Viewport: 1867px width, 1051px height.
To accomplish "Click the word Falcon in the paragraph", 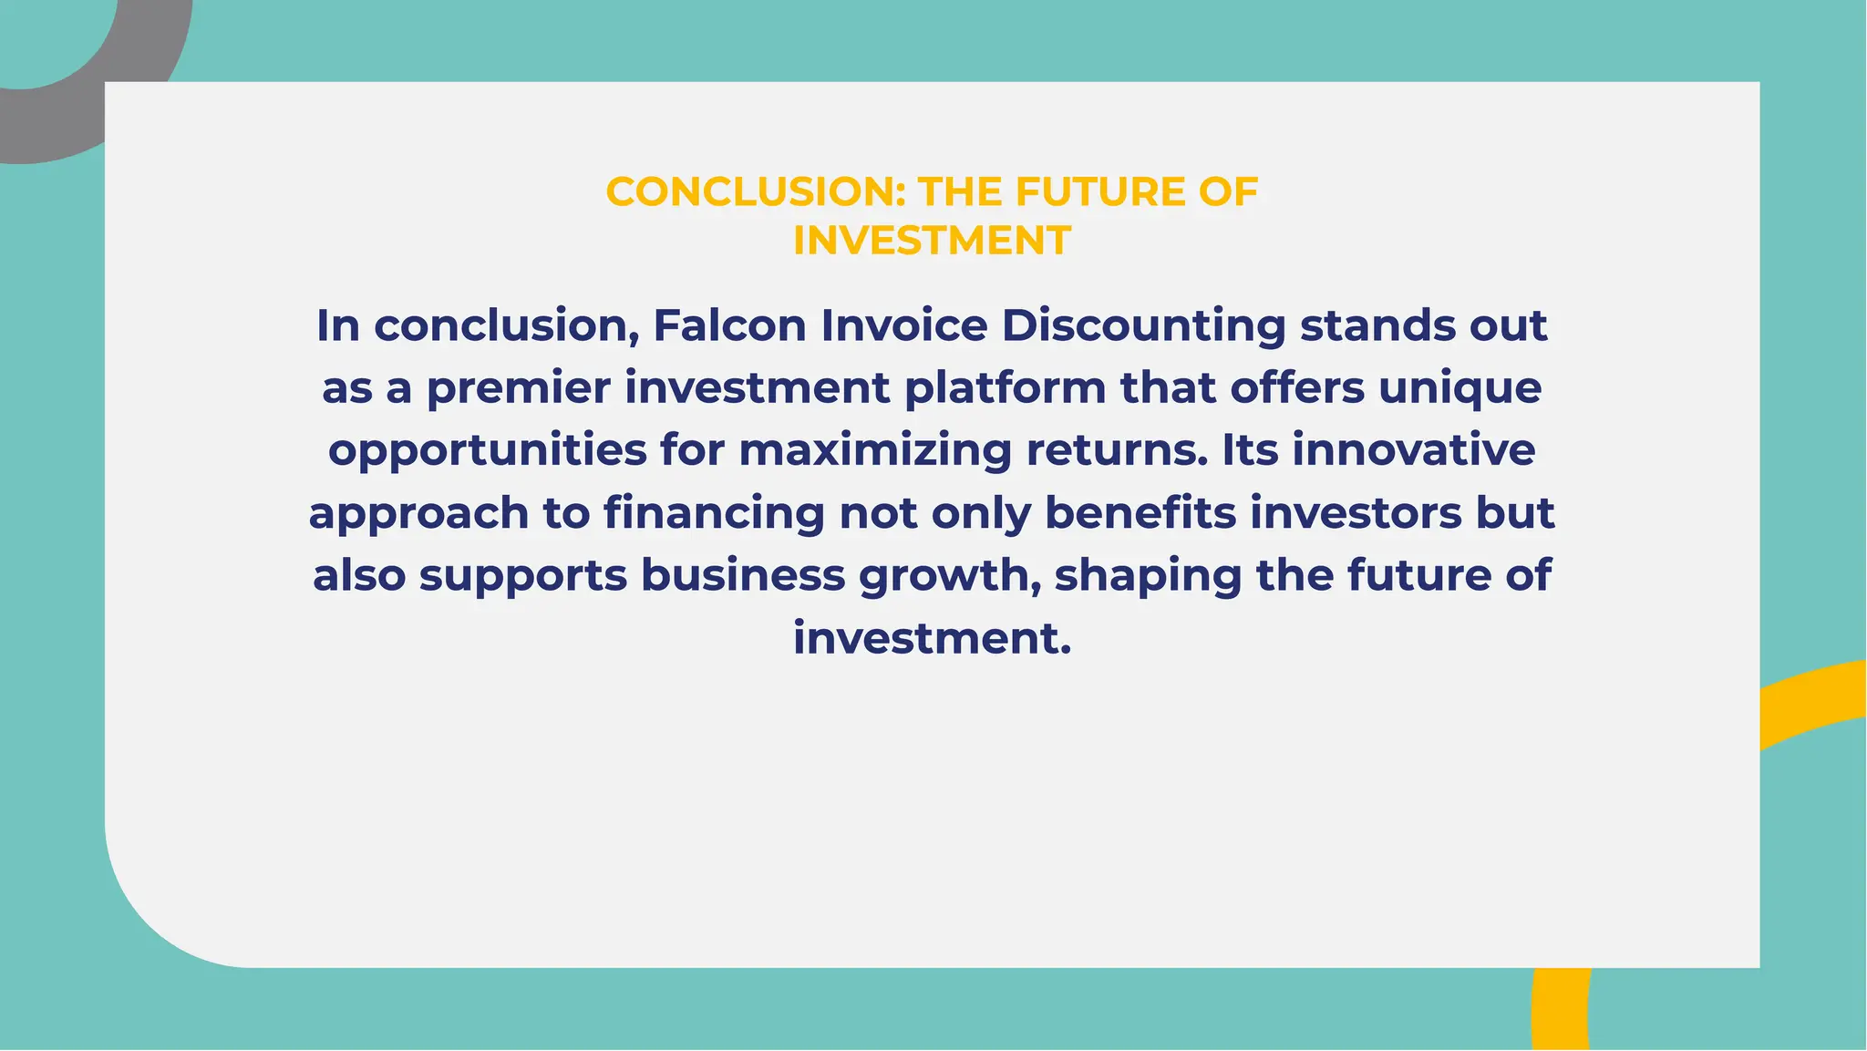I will pos(729,326).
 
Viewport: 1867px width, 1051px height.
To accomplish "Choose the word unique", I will pos(1460,389).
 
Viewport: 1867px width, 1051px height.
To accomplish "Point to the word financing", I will pos(714,514).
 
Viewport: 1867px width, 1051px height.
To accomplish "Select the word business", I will pos(743,575).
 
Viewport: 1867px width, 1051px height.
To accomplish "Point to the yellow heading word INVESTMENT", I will pos(932,241).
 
